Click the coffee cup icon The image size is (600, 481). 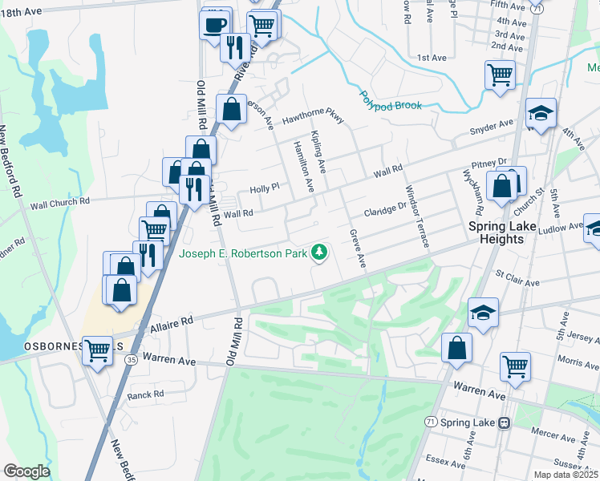[214, 24]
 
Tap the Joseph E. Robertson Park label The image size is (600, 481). [243, 254]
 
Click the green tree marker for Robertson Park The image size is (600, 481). [320, 253]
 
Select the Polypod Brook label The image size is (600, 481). [390, 101]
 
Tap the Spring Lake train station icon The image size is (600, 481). [505, 422]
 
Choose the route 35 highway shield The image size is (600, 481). [131, 361]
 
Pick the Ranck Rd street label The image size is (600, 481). [146, 394]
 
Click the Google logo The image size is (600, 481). [26, 471]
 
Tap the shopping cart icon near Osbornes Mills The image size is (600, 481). [97, 350]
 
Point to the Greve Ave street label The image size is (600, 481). [358, 249]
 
